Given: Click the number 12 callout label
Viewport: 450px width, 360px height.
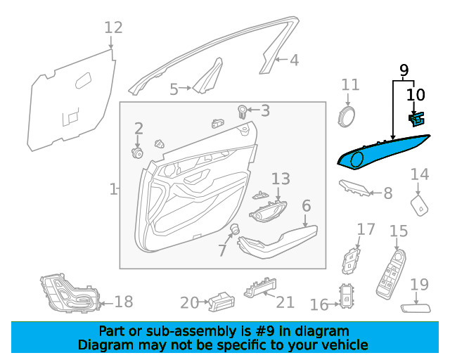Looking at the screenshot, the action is click(113, 28).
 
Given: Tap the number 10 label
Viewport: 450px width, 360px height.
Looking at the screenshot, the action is click(416, 94).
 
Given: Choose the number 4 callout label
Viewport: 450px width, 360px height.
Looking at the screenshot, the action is click(294, 60).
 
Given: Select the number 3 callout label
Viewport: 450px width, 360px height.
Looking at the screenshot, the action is click(264, 110).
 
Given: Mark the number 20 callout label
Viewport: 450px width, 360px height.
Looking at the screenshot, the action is click(189, 303).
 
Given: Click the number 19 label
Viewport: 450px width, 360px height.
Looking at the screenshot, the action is click(419, 285).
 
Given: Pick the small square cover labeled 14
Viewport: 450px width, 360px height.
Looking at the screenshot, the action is click(420, 205).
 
